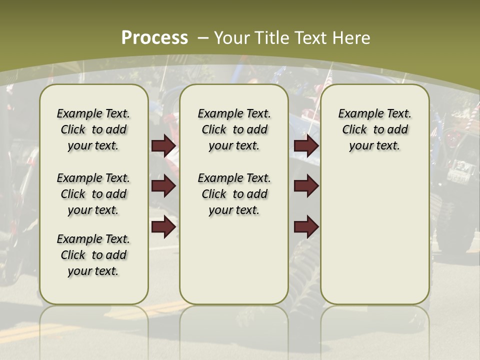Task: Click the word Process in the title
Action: (154, 37)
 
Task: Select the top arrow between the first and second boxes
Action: (163, 146)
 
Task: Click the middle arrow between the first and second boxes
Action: (163, 186)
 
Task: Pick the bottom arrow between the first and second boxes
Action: (163, 227)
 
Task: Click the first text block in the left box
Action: (93, 129)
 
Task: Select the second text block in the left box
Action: (93, 194)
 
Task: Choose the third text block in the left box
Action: (93, 255)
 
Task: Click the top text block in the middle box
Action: (234, 129)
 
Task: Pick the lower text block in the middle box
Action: (234, 194)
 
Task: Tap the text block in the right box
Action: (374, 129)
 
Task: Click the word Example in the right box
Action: (357, 114)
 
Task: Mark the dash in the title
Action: (203, 37)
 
